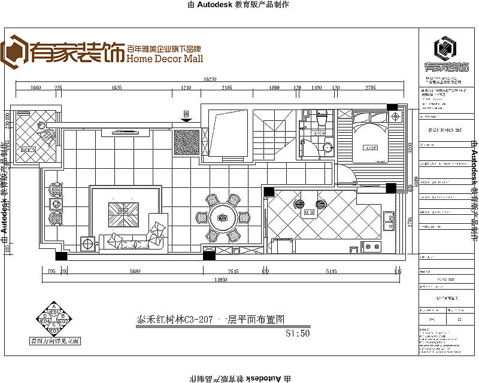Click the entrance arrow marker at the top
(x=186, y=116)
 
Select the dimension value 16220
(x=209, y=78)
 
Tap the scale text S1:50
(x=298, y=334)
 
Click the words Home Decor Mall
(x=165, y=59)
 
